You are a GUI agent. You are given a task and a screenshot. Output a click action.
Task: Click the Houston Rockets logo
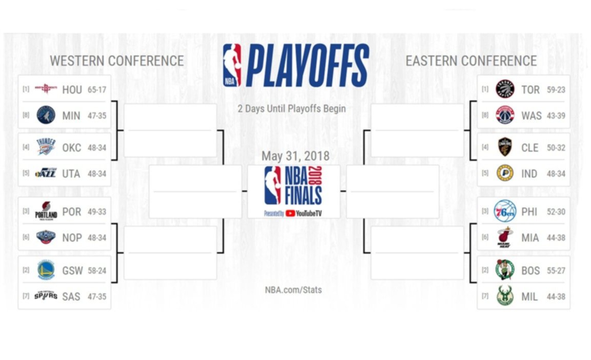click(x=46, y=89)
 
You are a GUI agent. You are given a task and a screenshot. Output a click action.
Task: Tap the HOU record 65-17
click(x=97, y=90)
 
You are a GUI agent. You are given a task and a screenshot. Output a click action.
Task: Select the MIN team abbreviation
click(x=71, y=115)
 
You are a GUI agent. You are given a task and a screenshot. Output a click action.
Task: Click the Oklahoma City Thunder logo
click(x=46, y=147)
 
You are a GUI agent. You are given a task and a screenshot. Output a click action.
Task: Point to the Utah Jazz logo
click(x=46, y=173)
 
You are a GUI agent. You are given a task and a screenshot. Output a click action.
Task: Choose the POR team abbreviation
click(x=72, y=212)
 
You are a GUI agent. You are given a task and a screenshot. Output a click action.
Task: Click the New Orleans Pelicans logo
click(x=46, y=237)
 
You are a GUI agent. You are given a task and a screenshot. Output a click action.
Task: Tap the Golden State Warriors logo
click(x=46, y=270)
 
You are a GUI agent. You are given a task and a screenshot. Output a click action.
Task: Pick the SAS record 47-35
click(x=97, y=296)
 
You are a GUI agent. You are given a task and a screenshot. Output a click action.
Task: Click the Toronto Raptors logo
click(x=505, y=89)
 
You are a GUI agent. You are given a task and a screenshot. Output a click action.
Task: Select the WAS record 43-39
click(x=556, y=115)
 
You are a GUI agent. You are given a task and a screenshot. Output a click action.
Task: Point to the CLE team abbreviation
click(x=530, y=148)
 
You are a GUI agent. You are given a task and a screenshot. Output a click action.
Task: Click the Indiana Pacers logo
click(x=505, y=173)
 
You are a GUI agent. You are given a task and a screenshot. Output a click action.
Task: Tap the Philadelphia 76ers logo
click(x=505, y=211)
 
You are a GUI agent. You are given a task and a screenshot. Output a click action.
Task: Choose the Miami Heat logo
click(x=505, y=237)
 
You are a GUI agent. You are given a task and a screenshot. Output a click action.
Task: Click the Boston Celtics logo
click(x=505, y=270)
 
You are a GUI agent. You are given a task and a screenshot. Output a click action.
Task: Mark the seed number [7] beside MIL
click(x=485, y=296)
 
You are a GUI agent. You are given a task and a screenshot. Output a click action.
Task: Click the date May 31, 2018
click(x=295, y=156)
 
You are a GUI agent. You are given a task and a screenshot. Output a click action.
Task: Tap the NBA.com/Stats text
click(x=293, y=290)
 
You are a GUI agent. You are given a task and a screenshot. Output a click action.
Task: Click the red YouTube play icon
click(x=290, y=213)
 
